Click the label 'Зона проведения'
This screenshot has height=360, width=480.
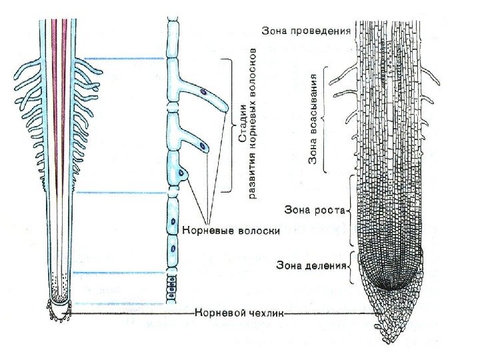coord(306,31)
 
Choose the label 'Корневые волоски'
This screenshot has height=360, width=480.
coord(229,231)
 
